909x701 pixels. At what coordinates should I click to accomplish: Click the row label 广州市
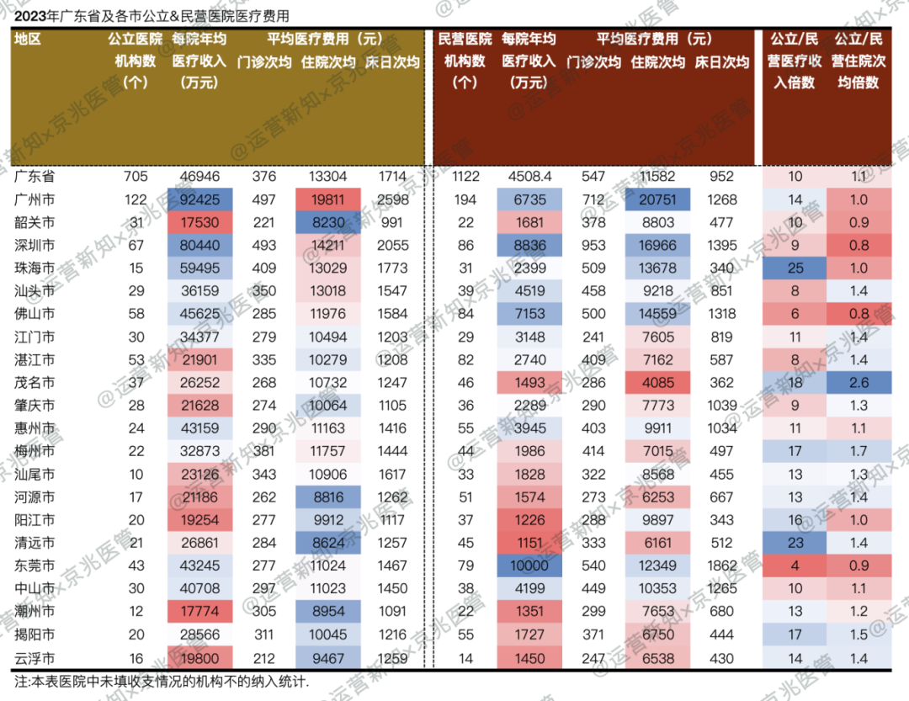click(35, 199)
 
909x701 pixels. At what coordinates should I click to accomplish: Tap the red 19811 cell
click(328, 199)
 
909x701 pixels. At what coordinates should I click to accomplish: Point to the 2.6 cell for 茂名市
click(858, 383)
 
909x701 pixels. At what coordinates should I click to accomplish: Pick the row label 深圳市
click(35, 246)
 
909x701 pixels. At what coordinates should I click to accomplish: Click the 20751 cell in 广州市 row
click(658, 199)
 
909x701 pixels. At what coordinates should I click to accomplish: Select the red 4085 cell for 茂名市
click(658, 383)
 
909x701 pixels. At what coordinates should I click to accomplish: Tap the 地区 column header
click(28, 39)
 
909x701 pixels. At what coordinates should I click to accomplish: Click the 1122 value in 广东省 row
click(465, 177)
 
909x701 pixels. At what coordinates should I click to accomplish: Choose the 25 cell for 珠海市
click(795, 268)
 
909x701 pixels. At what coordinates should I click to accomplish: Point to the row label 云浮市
click(35, 658)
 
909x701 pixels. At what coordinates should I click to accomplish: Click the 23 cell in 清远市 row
click(795, 543)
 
